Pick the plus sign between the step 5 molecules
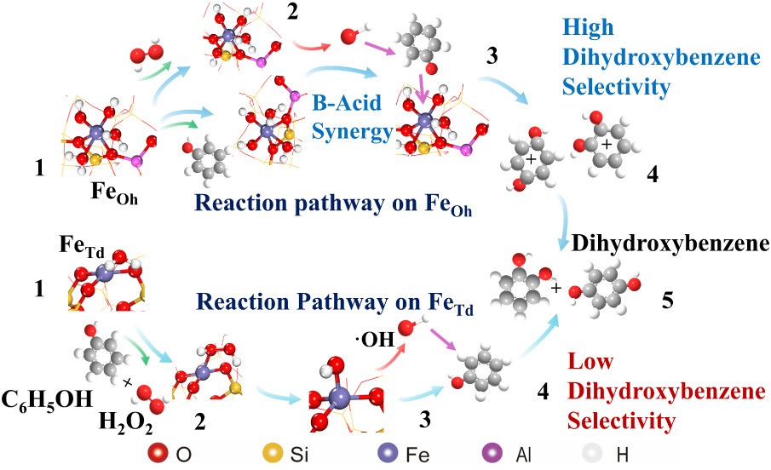[556, 289]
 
